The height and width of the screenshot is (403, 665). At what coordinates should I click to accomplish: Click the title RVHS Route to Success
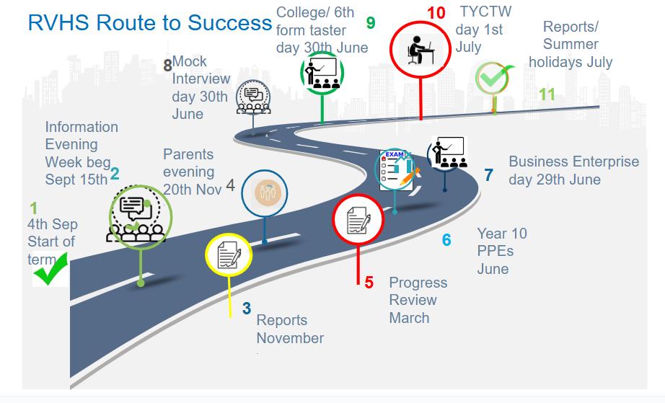click(149, 22)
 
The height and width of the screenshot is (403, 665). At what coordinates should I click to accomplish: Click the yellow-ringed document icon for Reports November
click(229, 254)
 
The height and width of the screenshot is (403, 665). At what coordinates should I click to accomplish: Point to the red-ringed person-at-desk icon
click(419, 49)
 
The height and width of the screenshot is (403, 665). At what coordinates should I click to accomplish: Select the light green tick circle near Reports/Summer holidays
click(494, 78)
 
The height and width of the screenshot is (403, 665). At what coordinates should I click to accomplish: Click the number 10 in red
click(436, 13)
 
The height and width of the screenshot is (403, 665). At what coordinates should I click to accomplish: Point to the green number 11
click(547, 94)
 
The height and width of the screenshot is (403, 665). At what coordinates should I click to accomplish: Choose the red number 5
click(369, 283)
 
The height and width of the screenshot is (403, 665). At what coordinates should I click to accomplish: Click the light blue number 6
click(446, 239)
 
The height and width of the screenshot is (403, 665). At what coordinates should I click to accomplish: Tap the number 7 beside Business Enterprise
click(488, 174)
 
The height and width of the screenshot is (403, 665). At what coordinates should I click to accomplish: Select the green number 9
click(371, 23)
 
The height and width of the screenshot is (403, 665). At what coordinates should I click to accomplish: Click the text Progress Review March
click(418, 300)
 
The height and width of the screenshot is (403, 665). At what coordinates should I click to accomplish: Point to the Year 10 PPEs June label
click(502, 251)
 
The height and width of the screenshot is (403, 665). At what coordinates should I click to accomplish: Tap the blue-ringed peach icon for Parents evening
click(265, 192)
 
